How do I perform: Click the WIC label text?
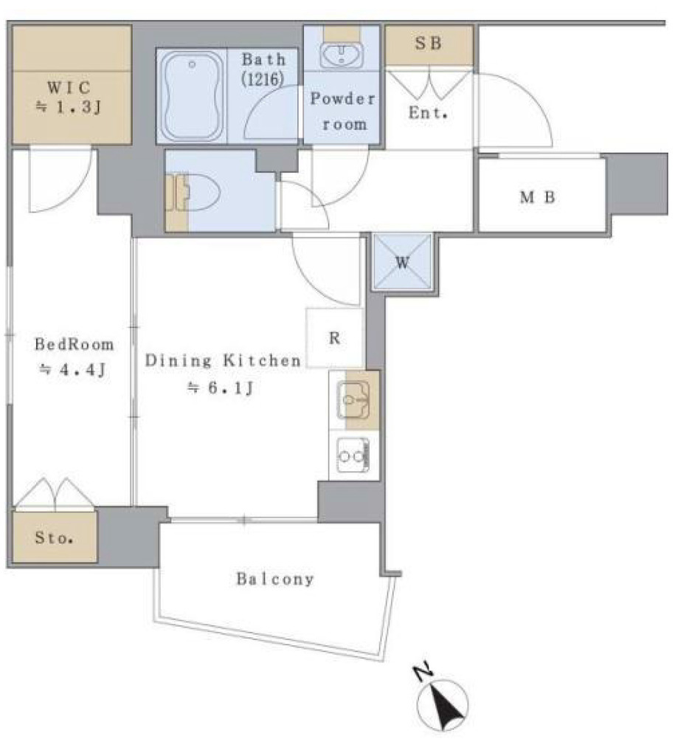click(69, 87)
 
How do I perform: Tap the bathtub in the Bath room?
click(192, 96)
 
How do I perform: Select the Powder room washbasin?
click(342, 54)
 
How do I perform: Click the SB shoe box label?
click(429, 44)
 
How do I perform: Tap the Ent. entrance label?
click(428, 113)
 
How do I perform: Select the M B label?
click(537, 196)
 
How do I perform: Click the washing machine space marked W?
click(402, 262)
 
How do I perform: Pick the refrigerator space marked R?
click(334, 338)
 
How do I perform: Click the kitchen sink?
click(353, 399)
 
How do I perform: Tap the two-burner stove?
click(353, 455)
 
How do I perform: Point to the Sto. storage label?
click(54, 537)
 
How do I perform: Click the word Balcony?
click(274, 579)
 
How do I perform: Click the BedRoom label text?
click(75, 344)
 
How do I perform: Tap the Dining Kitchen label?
click(223, 360)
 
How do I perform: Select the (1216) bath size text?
click(263, 78)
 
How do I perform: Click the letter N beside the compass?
click(423, 673)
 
